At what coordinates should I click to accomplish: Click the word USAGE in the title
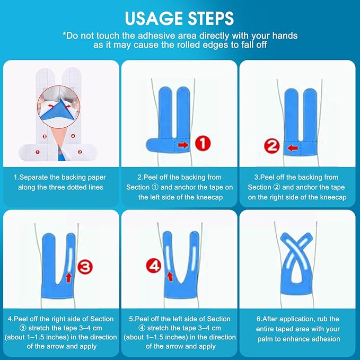(x=154, y=18)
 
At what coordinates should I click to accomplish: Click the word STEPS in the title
(x=211, y=18)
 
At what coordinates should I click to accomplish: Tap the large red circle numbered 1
(x=203, y=144)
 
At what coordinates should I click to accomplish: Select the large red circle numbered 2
(x=272, y=146)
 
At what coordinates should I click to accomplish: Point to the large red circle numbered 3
(x=85, y=267)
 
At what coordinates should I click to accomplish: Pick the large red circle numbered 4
(x=154, y=266)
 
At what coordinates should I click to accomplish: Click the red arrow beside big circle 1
(x=183, y=145)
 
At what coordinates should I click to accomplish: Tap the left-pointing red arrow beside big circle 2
(x=293, y=148)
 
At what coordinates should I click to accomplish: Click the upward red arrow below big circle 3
(x=68, y=277)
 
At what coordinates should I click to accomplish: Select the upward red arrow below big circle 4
(x=170, y=276)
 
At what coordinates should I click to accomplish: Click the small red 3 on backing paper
(x=45, y=137)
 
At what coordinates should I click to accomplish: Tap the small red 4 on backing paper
(x=73, y=136)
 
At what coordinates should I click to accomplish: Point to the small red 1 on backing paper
(x=38, y=152)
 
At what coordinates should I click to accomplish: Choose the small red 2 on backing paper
(x=80, y=152)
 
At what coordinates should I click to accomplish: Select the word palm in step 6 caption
(x=265, y=339)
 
